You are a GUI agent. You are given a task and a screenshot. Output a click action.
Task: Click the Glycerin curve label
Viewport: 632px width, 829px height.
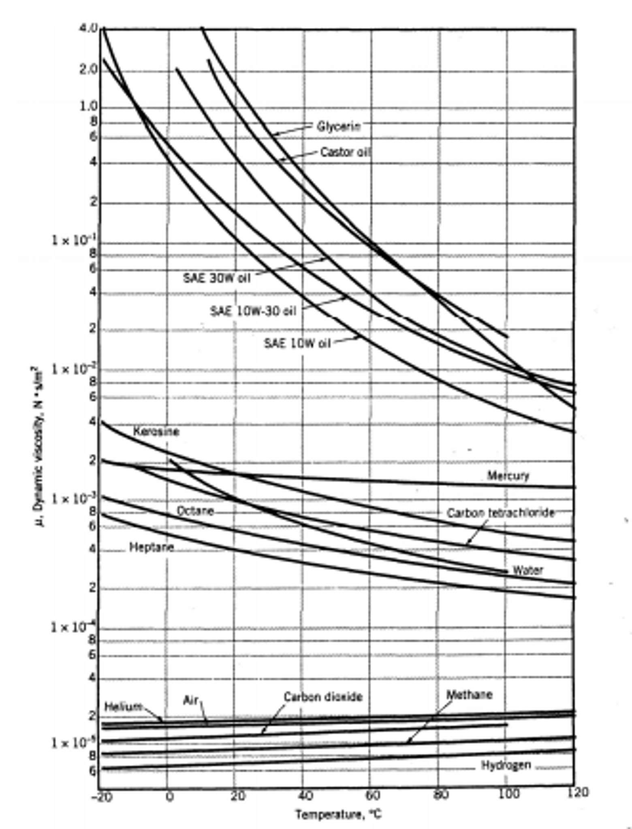pyautogui.click(x=338, y=126)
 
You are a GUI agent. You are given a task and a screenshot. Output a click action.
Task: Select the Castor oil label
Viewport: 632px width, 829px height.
pyautogui.click(x=345, y=152)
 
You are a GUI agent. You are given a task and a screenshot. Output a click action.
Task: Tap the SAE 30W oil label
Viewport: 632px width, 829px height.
pyautogui.click(x=217, y=278)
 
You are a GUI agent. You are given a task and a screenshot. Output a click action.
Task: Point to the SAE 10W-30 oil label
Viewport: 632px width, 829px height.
pyautogui.click(x=253, y=311)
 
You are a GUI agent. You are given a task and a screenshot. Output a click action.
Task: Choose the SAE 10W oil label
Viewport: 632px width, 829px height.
pyautogui.click(x=297, y=343)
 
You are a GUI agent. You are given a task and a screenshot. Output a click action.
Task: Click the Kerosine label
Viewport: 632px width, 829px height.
pyautogui.click(x=156, y=432)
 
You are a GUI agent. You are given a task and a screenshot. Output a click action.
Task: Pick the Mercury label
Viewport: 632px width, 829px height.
pyautogui.click(x=508, y=475)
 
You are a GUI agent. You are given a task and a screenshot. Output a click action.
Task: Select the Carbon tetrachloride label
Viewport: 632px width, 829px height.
pyautogui.click(x=500, y=513)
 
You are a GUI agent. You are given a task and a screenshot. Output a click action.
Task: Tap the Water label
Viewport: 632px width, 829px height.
pyautogui.click(x=528, y=570)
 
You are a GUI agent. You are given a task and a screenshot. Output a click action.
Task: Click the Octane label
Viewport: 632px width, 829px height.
pyautogui.click(x=195, y=511)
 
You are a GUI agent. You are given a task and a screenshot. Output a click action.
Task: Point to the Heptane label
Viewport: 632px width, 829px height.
pyautogui.click(x=152, y=547)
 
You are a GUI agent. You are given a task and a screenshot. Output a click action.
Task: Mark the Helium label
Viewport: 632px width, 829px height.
pyautogui.click(x=123, y=707)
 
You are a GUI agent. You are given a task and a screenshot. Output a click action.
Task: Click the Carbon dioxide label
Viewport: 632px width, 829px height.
pyautogui.click(x=323, y=697)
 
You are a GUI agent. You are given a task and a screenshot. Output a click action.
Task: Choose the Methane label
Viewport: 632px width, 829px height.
pyautogui.click(x=470, y=694)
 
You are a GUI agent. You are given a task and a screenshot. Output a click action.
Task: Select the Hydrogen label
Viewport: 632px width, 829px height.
pyautogui.click(x=506, y=765)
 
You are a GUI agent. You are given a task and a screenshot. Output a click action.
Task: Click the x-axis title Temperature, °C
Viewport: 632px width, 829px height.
pyautogui.click(x=338, y=814)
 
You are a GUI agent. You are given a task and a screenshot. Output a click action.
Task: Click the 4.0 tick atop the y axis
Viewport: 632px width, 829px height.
pyautogui.click(x=89, y=28)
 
